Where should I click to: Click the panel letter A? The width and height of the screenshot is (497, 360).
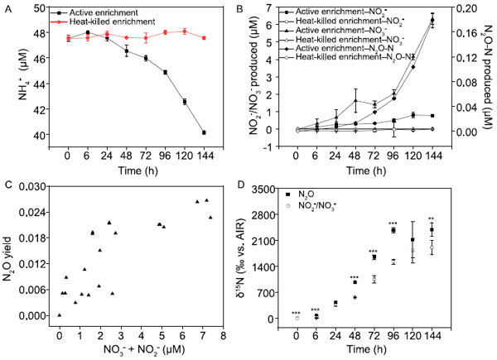click(x=6, y=7)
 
